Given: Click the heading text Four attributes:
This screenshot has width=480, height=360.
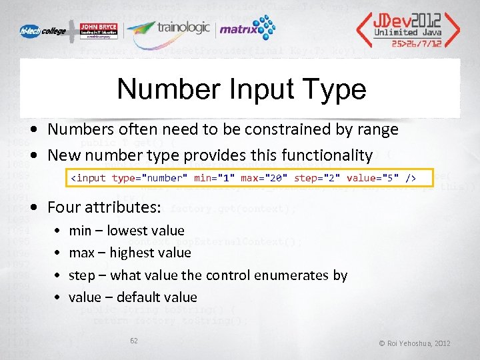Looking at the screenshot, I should coord(104,207).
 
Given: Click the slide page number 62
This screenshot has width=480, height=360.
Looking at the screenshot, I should coord(134,341).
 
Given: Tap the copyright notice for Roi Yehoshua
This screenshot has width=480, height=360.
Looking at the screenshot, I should coord(415,343).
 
